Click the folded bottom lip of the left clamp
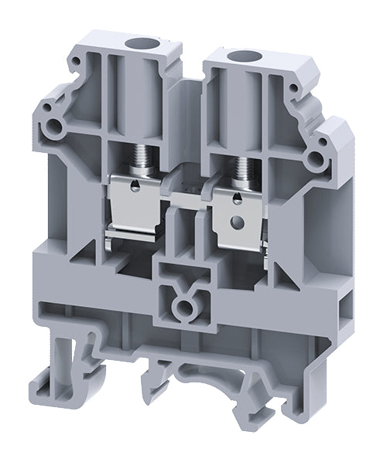pyautogui.click(x=132, y=229)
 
